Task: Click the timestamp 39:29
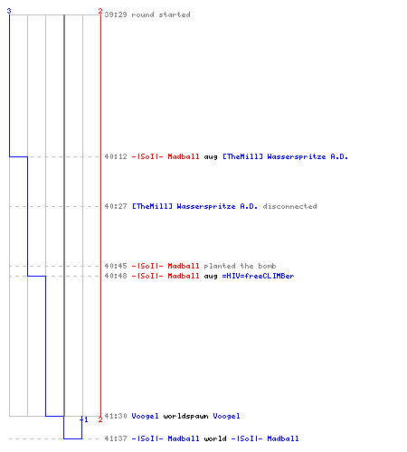[x=116, y=14]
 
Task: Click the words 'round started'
[x=161, y=14]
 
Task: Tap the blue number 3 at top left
[x=9, y=11]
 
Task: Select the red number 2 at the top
[x=100, y=11]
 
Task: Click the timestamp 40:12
[x=116, y=156]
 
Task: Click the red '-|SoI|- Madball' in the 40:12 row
[x=166, y=156]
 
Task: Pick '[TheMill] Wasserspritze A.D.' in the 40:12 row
[x=285, y=156]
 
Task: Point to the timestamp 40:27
[x=116, y=206]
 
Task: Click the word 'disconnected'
[x=289, y=206]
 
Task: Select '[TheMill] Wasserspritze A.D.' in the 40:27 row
[x=194, y=206]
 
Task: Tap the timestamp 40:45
[x=116, y=266]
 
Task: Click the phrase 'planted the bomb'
[x=240, y=266]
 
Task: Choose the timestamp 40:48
[x=116, y=276]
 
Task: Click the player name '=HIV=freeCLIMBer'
[x=258, y=276]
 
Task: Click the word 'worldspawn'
[x=185, y=416]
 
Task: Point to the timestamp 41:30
[x=116, y=416]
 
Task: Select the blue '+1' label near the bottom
[x=84, y=419]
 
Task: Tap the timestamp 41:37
[x=116, y=438]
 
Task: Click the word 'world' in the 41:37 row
[x=215, y=438]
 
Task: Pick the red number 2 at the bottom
[x=100, y=419]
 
